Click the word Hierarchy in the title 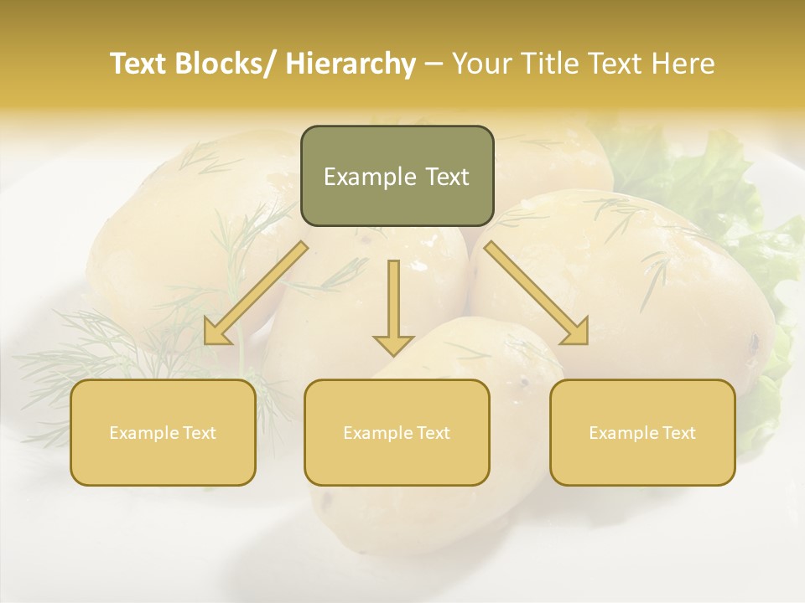click(350, 64)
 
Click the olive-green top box click(397, 176)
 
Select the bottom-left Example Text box click(163, 432)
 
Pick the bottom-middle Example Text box click(397, 432)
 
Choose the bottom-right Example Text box click(642, 432)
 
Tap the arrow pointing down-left click(257, 293)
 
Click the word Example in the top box click(358, 177)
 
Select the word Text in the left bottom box click(199, 433)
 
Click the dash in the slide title click(434, 64)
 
